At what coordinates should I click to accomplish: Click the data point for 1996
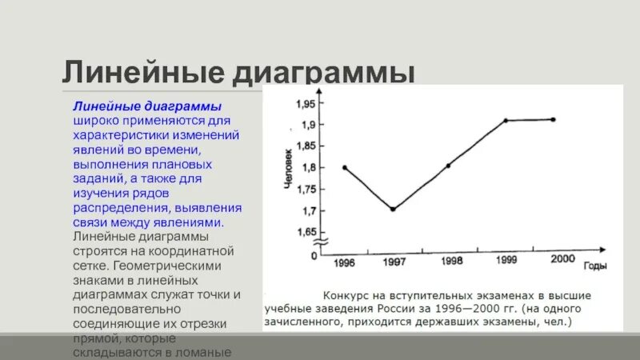point(345,167)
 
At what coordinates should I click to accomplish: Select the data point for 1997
point(392,209)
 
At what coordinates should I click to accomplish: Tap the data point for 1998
point(448,166)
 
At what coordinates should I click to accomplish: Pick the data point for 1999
point(506,120)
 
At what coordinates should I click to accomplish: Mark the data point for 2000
point(553,119)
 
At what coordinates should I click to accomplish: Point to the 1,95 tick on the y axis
point(305,104)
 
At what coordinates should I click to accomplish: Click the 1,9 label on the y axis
point(308,125)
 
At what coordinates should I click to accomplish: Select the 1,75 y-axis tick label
point(305,190)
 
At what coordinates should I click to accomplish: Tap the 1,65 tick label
point(305,232)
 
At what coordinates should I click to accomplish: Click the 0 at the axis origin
point(314,255)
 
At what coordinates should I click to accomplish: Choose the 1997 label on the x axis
point(394,262)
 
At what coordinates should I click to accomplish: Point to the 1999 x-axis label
point(506,261)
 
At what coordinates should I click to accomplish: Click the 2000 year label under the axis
point(562,258)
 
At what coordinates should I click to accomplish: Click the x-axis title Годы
point(594,266)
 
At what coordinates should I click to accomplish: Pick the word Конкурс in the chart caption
point(347,293)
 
